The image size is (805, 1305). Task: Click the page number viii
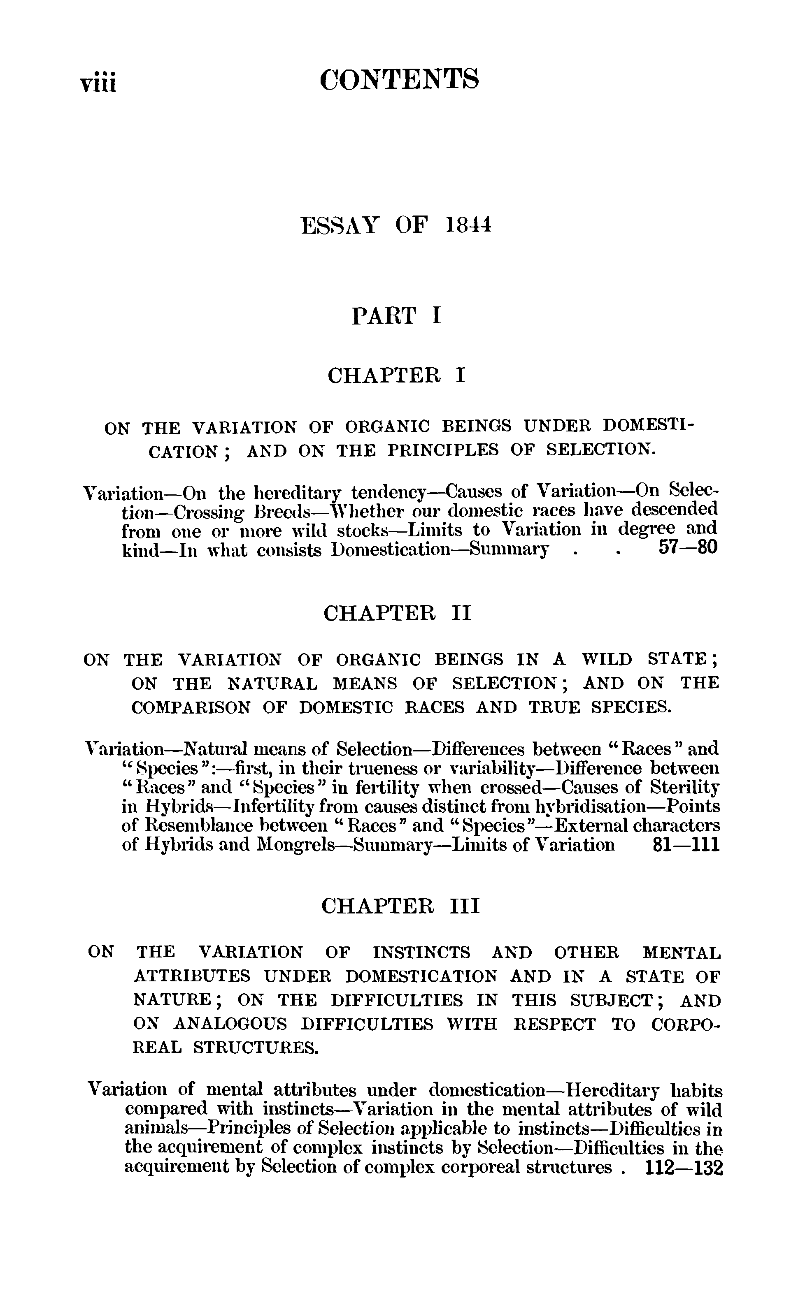pos(98,81)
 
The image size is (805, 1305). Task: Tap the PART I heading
pos(397,316)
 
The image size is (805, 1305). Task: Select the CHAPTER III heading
pos(400,906)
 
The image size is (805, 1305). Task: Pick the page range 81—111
pos(685,845)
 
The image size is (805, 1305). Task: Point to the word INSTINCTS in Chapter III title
pos(422,952)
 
